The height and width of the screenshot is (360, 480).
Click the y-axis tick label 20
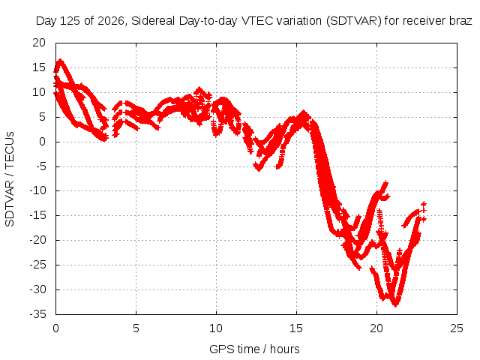tap(39, 43)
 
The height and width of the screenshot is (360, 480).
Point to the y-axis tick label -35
tap(37, 314)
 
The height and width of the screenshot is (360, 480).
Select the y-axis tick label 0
tap(42, 142)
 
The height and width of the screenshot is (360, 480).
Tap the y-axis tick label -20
tap(37, 240)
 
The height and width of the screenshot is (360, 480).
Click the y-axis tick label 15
tap(39, 67)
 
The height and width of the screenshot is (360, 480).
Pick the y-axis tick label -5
tap(40, 166)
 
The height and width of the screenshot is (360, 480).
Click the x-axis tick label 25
tap(457, 328)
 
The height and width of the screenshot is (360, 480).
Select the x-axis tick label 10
tap(216, 328)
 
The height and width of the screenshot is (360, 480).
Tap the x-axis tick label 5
tap(136, 328)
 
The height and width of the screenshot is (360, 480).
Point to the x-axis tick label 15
tap(296, 328)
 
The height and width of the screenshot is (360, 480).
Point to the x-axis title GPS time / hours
tap(254, 349)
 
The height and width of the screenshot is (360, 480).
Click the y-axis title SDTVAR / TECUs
tap(10, 179)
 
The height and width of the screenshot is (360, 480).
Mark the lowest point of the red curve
tap(395, 305)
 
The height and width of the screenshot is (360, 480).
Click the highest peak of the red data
tap(60, 60)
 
